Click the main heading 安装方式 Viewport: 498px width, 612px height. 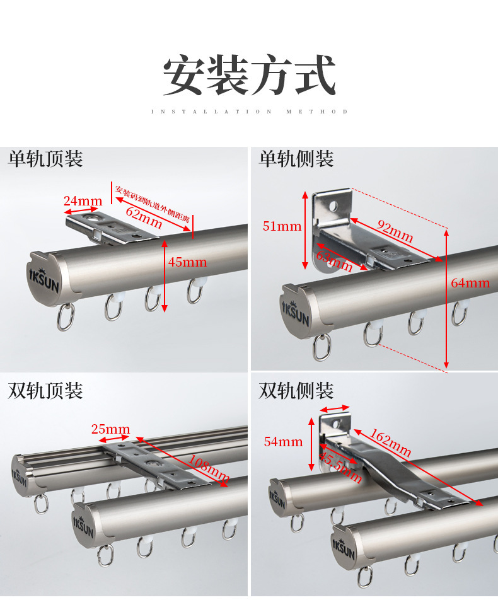coord(249,76)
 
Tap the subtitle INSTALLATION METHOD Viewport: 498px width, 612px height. coord(249,112)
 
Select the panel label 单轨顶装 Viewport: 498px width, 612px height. coord(45,158)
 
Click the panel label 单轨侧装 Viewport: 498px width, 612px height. coord(296,158)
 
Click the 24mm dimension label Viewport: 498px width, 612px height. coord(83,201)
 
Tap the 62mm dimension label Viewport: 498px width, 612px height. coord(144,217)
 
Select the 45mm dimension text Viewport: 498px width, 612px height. coord(187,262)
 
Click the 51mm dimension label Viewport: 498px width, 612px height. coord(282,226)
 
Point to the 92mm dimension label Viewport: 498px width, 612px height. coord(395,231)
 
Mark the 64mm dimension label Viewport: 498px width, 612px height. coord(470,283)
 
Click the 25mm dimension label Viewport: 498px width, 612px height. coord(110,430)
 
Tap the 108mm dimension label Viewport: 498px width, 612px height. coord(209,465)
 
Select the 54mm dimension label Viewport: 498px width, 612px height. coord(283,442)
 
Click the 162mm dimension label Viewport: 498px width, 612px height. coord(391,443)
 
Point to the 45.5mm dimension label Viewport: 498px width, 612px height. coord(340,467)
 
